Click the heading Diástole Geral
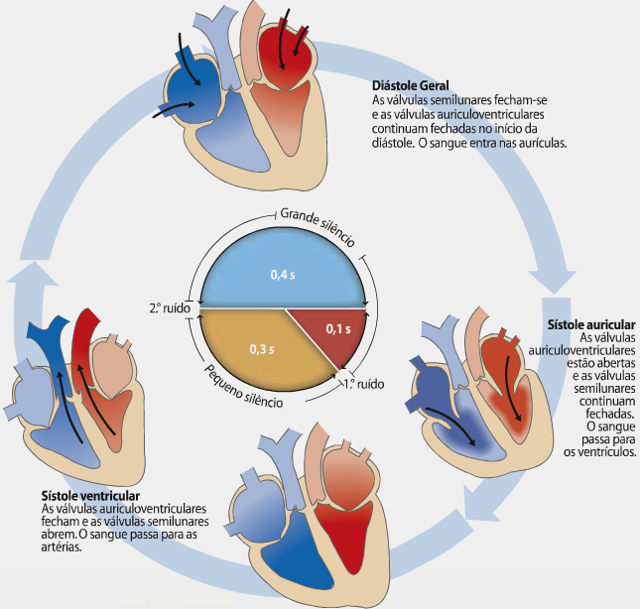click(409, 86)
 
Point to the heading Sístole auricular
click(591, 325)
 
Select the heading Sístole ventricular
click(90, 495)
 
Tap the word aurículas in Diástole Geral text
click(539, 142)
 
